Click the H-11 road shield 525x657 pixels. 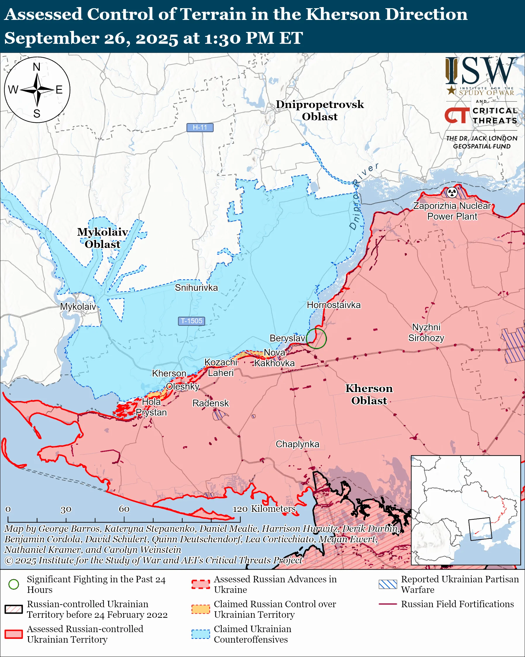coord(200,127)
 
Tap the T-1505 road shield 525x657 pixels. coord(192,321)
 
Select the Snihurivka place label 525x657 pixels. coord(196,288)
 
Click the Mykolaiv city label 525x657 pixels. coord(78,307)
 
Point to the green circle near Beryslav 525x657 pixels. coord(316,338)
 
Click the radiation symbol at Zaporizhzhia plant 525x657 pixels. coord(452,192)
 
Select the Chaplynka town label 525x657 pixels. coord(297,444)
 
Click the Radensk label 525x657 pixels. coord(210,403)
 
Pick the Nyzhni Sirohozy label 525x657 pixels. coord(426,333)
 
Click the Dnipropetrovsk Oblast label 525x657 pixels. coord(320,110)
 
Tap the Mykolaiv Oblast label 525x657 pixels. coord(102,238)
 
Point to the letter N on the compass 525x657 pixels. coord(37,67)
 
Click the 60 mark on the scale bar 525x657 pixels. coord(124,509)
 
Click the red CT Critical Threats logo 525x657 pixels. coord(457,115)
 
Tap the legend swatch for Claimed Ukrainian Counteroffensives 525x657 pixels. coord(201,634)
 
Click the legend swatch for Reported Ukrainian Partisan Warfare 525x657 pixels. coord(388,584)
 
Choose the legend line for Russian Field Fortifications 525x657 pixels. coord(388,604)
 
